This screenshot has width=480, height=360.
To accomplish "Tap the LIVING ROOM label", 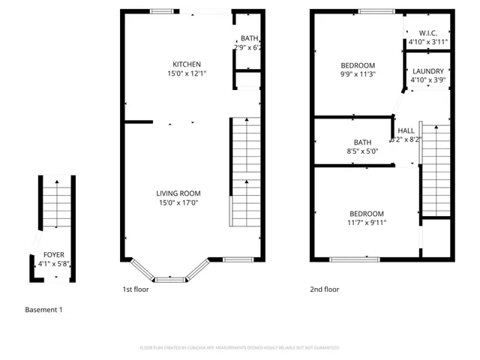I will click(x=178, y=193).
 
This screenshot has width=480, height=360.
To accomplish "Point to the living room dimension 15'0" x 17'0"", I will click(x=178, y=202).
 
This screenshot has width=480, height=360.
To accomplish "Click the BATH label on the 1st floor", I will click(x=248, y=39).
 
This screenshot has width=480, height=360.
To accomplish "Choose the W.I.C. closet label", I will click(x=428, y=33).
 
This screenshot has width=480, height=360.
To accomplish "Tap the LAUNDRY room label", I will click(x=428, y=71).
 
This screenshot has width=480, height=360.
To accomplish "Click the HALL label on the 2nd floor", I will click(x=406, y=130).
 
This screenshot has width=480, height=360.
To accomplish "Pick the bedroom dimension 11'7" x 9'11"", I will click(x=366, y=223).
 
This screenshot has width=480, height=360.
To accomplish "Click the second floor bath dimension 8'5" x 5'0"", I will click(x=362, y=151).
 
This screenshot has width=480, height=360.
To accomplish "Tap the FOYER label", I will click(x=53, y=255).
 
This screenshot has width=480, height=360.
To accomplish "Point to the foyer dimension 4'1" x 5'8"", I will click(x=53, y=264).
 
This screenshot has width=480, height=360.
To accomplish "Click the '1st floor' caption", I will click(x=136, y=289).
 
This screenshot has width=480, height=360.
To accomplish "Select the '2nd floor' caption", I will click(x=325, y=289).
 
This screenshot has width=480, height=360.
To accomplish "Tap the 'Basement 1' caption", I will click(x=43, y=310).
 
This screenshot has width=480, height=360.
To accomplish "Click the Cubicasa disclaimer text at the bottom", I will click(x=240, y=348).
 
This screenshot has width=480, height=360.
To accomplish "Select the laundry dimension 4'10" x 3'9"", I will click(x=428, y=80).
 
